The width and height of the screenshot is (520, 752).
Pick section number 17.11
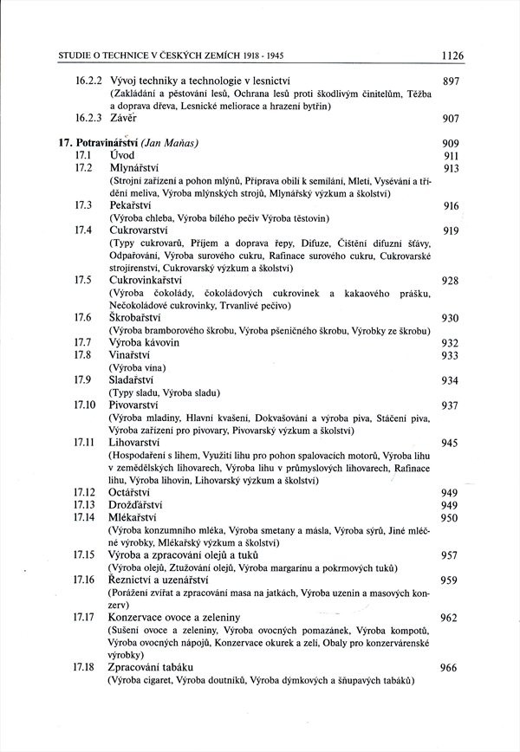tap(85, 443)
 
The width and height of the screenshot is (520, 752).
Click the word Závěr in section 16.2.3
tap(124, 118)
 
